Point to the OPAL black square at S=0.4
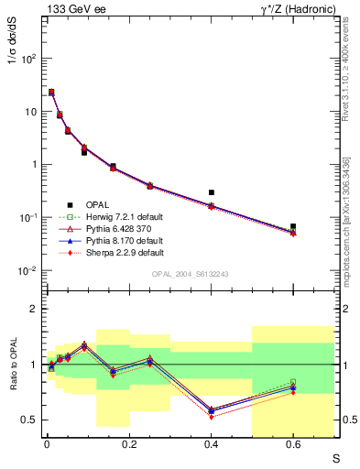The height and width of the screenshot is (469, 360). click(212, 192)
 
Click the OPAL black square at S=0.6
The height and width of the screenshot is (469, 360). click(293, 226)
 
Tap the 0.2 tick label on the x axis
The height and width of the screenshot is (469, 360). click(128, 446)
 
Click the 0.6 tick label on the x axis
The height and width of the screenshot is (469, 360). click(293, 446)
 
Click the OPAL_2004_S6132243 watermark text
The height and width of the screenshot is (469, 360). click(191, 274)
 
